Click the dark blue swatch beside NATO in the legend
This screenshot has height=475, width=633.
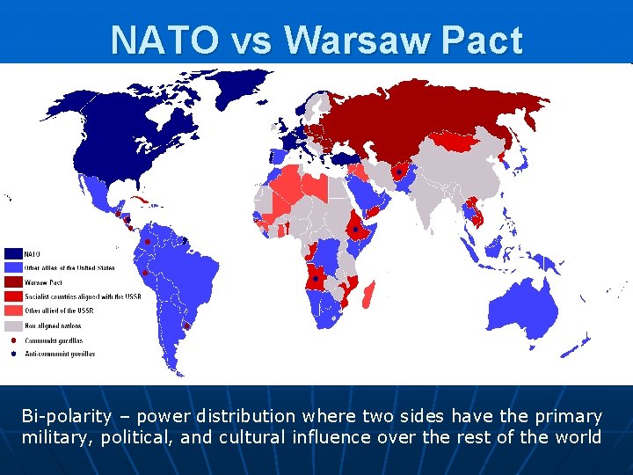tap(13, 254)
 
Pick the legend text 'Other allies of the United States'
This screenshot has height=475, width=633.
tap(69, 268)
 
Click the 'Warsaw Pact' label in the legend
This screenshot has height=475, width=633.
tap(44, 282)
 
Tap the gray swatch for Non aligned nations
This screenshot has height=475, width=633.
tap(13, 325)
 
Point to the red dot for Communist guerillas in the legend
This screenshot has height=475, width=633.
tap(13, 340)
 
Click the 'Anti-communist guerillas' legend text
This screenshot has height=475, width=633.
tap(60, 354)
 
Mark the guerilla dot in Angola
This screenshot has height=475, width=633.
tap(315, 279)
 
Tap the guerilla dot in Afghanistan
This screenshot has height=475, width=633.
tap(400, 173)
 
